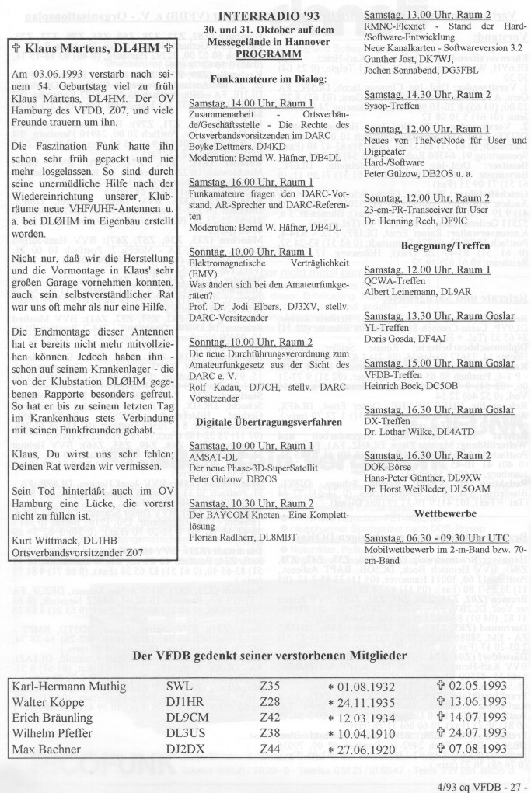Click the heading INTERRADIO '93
[x=266, y=15]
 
